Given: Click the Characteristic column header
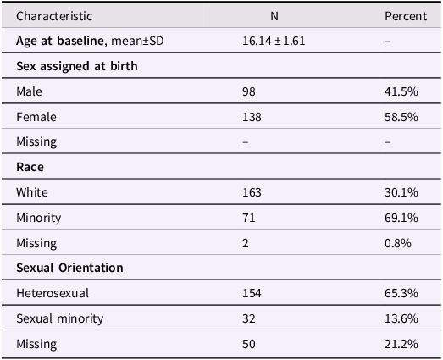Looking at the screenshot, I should [54, 16].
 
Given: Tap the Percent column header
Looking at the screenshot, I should [406, 16].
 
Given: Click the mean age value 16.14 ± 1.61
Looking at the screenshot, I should [274, 41].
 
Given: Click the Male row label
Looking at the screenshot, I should [29, 91].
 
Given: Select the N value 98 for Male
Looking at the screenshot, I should [249, 91].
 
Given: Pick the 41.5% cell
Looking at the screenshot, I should [401, 91].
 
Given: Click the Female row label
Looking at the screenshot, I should [35, 117].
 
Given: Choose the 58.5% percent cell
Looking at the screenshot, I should [401, 117].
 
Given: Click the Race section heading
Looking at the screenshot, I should [30, 167].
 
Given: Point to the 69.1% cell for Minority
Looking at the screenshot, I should [401, 218].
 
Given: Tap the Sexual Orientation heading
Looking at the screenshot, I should [69, 268].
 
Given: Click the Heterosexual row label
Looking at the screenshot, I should [52, 293].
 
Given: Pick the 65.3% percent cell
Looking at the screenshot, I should [401, 293].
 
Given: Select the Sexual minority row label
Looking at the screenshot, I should [59, 318].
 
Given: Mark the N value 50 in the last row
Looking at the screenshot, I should [249, 344].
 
